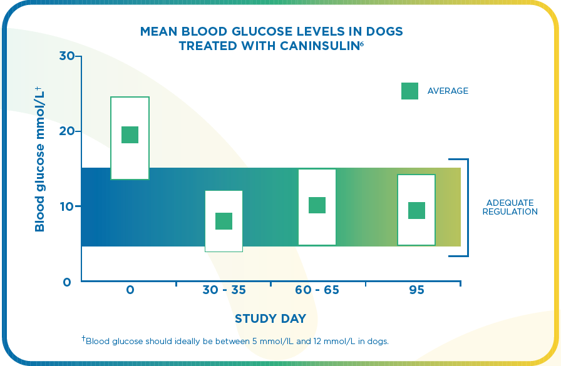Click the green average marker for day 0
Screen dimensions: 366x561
(x=130, y=135)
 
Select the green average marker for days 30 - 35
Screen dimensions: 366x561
(x=224, y=221)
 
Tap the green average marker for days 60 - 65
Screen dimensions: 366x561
(x=317, y=205)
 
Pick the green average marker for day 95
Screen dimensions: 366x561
(x=416, y=211)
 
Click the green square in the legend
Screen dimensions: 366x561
(x=409, y=91)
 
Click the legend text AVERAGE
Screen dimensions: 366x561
(x=448, y=91)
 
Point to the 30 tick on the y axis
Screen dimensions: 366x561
(x=67, y=56)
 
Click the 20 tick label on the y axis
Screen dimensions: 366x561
(x=67, y=131)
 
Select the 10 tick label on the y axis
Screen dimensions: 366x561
(x=67, y=206)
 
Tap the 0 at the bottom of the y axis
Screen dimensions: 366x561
(x=67, y=282)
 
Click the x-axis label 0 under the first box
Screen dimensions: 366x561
(x=130, y=290)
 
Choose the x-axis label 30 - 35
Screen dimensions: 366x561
(x=224, y=290)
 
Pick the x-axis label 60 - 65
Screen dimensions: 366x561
(x=317, y=290)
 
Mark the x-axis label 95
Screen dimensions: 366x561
(x=416, y=290)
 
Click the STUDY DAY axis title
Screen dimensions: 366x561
(x=270, y=319)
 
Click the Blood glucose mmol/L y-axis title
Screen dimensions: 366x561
(x=39, y=159)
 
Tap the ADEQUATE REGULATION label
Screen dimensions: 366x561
(x=512, y=207)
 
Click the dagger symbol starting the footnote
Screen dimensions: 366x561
(x=83, y=338)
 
